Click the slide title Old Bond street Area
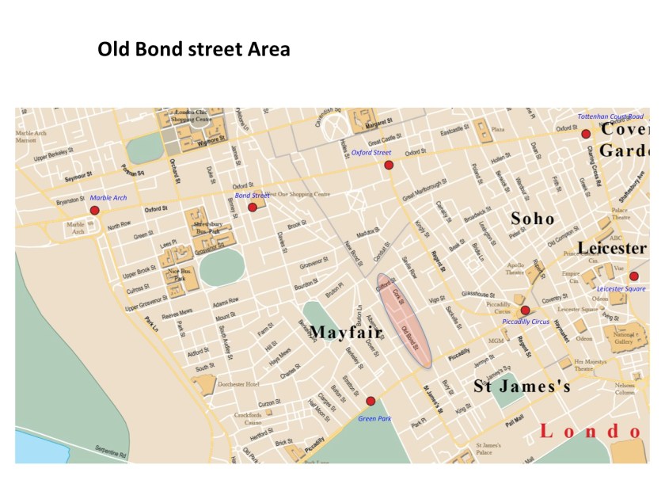(193, 49)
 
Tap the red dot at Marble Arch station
(95, 210)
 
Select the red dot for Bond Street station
(253, 207)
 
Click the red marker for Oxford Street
(389, 165)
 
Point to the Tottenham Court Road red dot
(586, 134)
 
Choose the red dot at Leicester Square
(633, 276)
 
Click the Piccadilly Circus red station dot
(524, 310)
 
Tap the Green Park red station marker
(370, 401)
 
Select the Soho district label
(532, 218)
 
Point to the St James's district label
(522, 387)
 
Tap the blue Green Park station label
(374, 417)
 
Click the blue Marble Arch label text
(108, 197)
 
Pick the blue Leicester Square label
(621, 289)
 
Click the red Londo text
(589, 432)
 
